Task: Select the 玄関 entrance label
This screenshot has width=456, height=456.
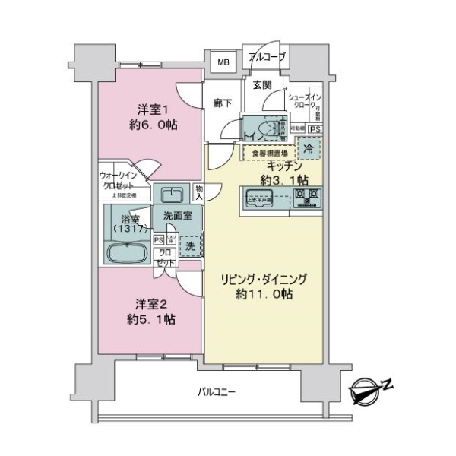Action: [262, 84]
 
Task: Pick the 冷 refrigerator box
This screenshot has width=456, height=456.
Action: [309, 149]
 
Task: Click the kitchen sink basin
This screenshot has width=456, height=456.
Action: [258, 201]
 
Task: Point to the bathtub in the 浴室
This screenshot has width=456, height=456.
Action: [126, 252]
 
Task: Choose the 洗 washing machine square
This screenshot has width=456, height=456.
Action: [191, 245]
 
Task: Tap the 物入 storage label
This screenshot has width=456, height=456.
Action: [199, 193]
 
